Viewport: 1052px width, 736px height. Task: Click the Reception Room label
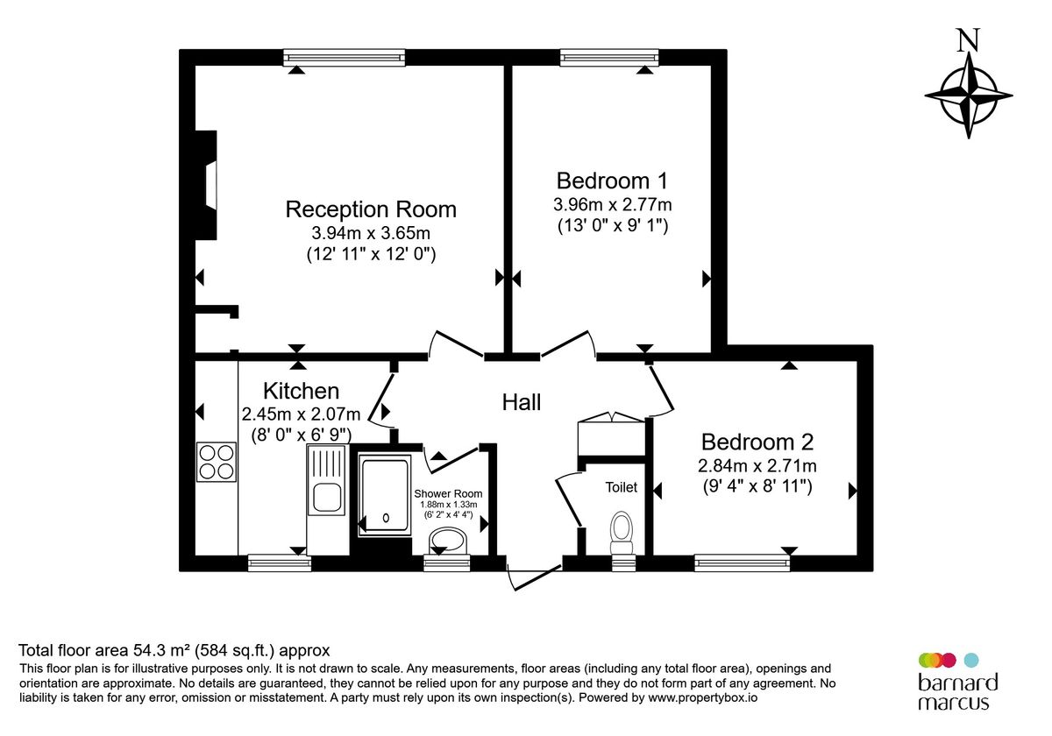371,209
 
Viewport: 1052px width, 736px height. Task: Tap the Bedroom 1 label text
612,180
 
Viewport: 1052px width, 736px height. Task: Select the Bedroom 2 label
757,442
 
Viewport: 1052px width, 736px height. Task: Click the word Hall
522,402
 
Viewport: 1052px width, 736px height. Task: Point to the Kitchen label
301,391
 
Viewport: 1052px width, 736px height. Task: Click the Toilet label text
622,487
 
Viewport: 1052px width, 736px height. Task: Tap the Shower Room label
448,493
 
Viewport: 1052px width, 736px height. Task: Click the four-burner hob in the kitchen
217,462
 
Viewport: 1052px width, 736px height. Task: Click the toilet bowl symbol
622,529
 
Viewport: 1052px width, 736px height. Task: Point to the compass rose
969,96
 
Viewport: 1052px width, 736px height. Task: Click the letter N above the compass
968,40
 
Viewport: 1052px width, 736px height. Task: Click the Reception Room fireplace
207,185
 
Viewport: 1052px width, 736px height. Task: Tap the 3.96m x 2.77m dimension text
612,204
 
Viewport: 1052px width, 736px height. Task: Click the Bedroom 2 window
742,563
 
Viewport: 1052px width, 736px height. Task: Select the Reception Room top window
344,57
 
